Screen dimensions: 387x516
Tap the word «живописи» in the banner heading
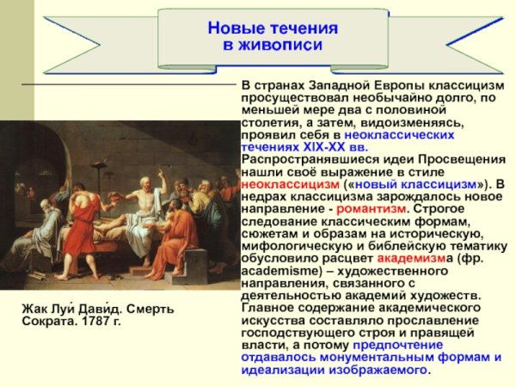[x=273, y=44]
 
